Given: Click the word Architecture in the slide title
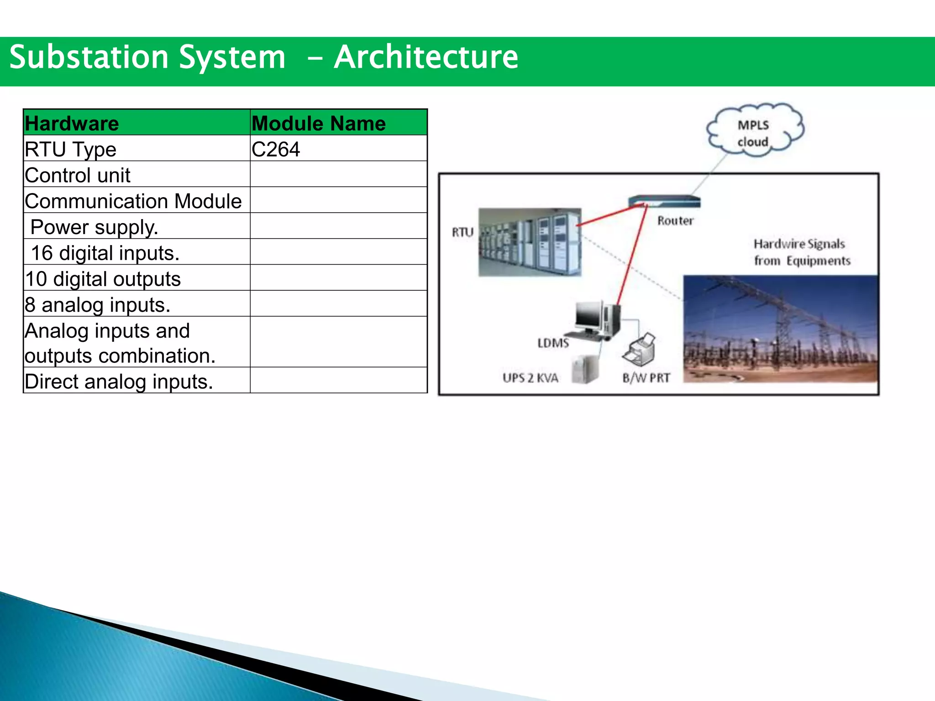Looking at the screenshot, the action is point(426,58).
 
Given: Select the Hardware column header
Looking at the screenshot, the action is point(72,123).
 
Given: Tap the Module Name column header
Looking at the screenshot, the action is point(319,123).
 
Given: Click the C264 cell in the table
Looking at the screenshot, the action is point(276,149).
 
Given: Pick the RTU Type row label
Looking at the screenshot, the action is point(71,149).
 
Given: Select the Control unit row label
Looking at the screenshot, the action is point(78,175).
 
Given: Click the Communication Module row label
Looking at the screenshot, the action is point(133,201).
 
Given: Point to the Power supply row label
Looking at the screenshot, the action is point(94,227).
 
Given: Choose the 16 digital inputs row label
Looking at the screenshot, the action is point(105,253).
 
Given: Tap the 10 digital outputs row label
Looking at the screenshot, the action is point(103,279).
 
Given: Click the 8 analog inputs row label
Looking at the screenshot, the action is point(98,305).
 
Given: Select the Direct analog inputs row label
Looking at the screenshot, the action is point(119,382).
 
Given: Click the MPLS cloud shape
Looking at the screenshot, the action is point(754,131).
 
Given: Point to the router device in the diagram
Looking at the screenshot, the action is point(664,201).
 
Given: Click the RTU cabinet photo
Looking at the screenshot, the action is point(530,242).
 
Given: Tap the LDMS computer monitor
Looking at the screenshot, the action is point(589,316).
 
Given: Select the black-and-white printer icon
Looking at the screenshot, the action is point(640,350).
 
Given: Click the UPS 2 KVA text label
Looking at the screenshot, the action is point(530,378).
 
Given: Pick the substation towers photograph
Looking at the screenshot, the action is point(780,329).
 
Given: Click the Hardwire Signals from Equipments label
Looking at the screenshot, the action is point(801,252).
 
